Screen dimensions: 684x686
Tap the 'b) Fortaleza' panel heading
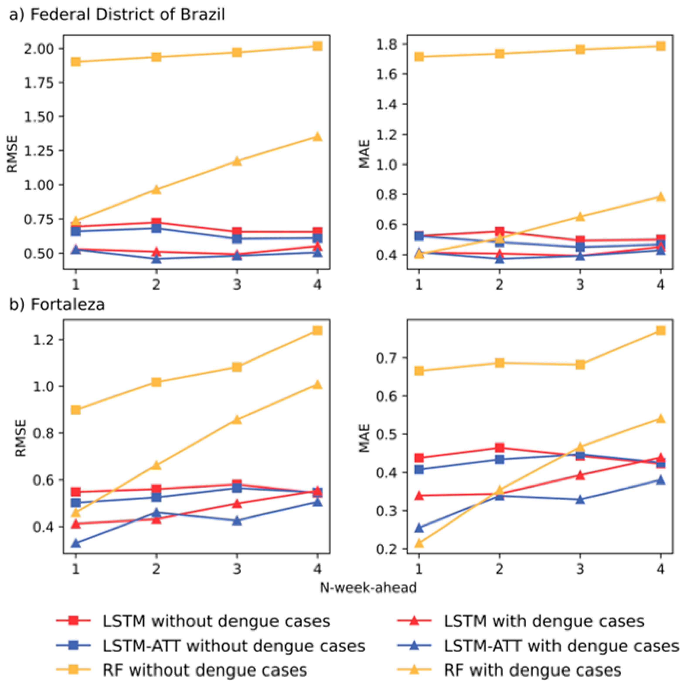(x=57, y=305)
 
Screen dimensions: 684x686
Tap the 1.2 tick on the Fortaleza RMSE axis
(x=44, y=339)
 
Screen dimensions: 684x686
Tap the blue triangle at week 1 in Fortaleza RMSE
(x=75, y=543)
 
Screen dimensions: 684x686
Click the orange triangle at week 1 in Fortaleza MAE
(x=419, y=543)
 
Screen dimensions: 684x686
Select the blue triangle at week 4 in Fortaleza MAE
(x=660, y=480)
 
